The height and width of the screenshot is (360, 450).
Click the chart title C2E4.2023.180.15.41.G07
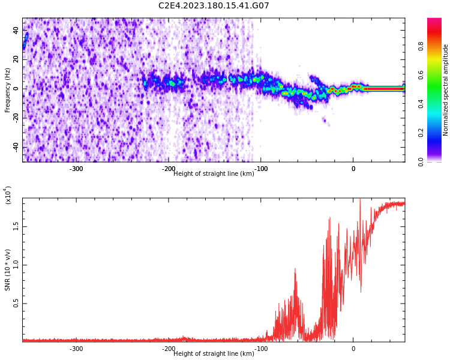click(214, 6)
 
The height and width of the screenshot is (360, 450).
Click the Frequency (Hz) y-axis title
click(8, 90)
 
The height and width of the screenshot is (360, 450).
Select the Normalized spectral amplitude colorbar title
click(446, 90)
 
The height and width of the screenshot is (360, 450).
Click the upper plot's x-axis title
click(214, 173)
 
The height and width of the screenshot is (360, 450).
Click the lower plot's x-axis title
click(214, 353)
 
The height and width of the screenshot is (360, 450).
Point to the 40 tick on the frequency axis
click(16, 29)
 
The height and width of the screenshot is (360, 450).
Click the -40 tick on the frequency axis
click(14, 147)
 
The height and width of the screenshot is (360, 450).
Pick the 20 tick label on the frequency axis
click(16, 59)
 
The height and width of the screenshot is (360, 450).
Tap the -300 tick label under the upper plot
click(76, 169)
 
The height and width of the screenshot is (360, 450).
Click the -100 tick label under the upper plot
click(261, 169)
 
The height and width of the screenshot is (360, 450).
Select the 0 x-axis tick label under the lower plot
click(353, 349)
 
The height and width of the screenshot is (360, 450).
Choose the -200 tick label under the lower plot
click(169, 349)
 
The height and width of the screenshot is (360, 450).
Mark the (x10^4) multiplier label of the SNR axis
click(8, 195)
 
